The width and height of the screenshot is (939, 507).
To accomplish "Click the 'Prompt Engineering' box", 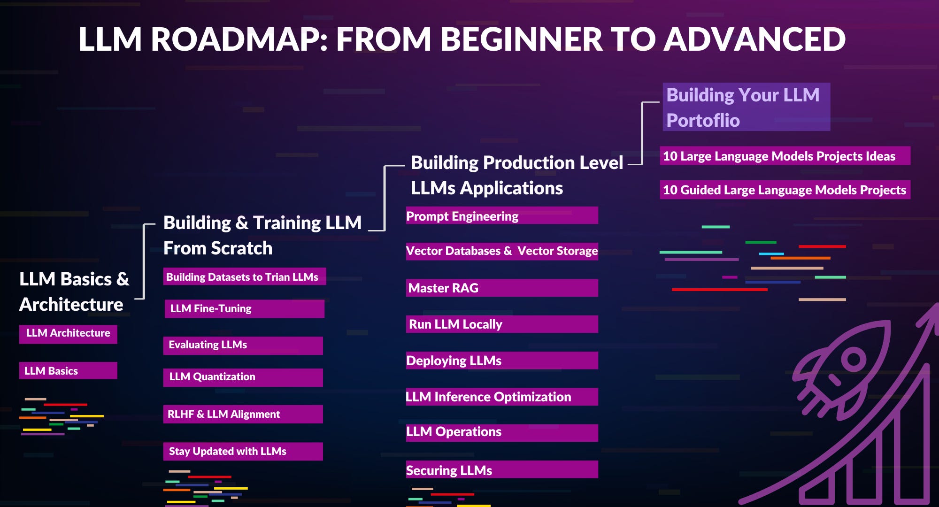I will pyautogui.click(x=501, y=216).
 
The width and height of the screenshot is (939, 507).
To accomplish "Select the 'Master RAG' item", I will pyautogui.click(x=501, y=288).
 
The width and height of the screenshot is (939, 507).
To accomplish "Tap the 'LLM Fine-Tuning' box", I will pyautogui.click(x=244, y=308).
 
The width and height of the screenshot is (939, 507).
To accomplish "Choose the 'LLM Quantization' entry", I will pyautogui.click(x=243, y=377).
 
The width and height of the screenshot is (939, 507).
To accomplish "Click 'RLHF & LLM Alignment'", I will pyautogui.click(x=243, y=414).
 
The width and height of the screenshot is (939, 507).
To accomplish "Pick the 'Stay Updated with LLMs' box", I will pyautogui.click(x=243, y=451).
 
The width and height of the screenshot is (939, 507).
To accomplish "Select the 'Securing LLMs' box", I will pyautogui.click(x=501, y=470).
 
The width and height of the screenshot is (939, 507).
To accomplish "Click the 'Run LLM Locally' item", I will pyautogui.click(x=501, y=324).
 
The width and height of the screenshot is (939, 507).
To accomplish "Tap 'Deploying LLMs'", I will pyautogui.click(x=501, y=361).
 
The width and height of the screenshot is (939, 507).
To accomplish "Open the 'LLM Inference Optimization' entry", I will pyautogui.click(x=501, y=397).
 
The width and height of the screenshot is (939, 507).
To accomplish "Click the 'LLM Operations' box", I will pyautogui.click(x=501, y=432).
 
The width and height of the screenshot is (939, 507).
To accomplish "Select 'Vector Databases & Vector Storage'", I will pyautogui.click(x=501, y=251).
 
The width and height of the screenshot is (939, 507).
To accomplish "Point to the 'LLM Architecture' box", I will pyautogui.click(x=68, y=334).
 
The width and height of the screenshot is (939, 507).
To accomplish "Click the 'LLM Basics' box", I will pyautogui.click(x=68, y=370).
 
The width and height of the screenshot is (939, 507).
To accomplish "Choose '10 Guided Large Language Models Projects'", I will pyautogui.click(x=785, y=190).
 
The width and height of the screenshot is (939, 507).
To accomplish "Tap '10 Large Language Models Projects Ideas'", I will pyautogui.click(x=785, y=156).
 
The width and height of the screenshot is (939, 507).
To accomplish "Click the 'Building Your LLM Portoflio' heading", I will pyautogui.click(x=746, y=107).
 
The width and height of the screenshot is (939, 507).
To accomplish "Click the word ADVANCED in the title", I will pyautogui.click(x=754, y=39).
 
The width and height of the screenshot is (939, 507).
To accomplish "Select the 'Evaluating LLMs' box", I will pyautogui.click(x=243, y=345).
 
